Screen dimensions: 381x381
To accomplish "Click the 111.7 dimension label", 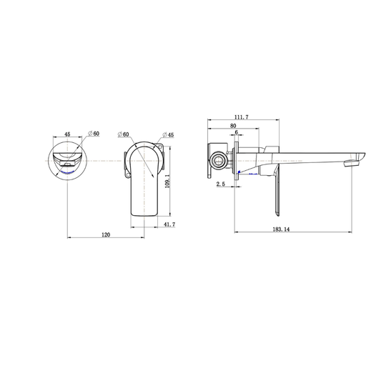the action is pos(242,117).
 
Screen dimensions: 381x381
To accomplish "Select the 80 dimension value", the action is pos(233,126).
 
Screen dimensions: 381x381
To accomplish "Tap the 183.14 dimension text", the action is pos(281,229).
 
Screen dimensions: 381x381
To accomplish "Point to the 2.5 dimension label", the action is pos(221,184).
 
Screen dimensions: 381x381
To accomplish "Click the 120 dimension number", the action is pos(106,234).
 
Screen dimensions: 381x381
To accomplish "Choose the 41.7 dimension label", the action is pos(169,224).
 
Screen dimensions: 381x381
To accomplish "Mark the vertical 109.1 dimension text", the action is pos(167,182).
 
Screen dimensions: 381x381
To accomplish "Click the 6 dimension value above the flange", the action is pos(237,132).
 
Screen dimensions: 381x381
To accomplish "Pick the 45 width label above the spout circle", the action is pos(67,134).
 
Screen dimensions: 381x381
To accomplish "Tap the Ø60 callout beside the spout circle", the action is pos(94,134).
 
